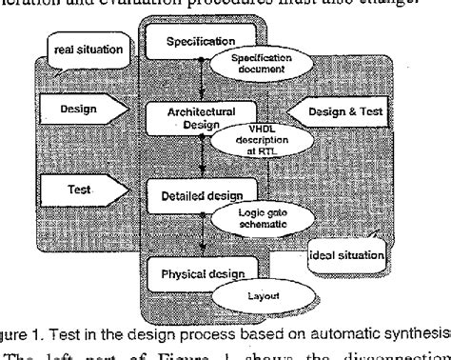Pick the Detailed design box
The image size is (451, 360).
[186, 194]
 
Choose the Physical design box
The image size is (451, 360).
[187, 274]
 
